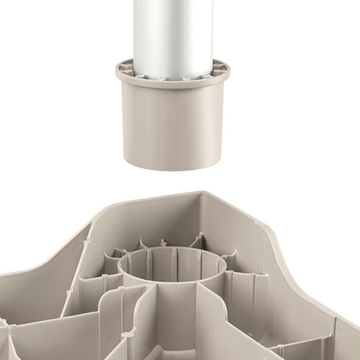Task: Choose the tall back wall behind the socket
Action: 157,215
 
